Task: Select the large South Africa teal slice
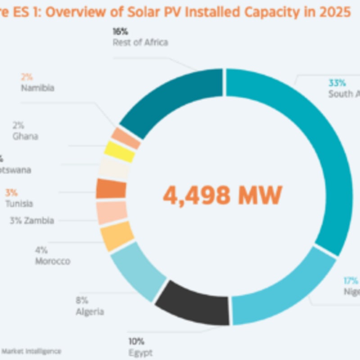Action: click(x=315, y=148)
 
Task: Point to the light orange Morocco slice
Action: click(x=117, y=236)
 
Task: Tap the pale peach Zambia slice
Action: click(x=112, y=213)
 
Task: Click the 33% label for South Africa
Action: click(x=337, y=83)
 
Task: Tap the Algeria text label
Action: click(x=90, y=311)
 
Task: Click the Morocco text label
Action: click(x=53, y=261)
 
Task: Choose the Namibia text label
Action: click(x=37, y=88)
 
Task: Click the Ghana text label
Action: click(x=25, y=136)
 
